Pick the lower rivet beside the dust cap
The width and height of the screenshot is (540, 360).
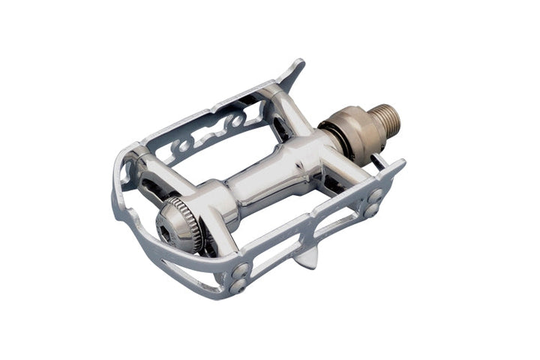tap(238, 285)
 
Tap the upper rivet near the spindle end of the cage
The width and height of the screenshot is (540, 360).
tap(375, 196)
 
